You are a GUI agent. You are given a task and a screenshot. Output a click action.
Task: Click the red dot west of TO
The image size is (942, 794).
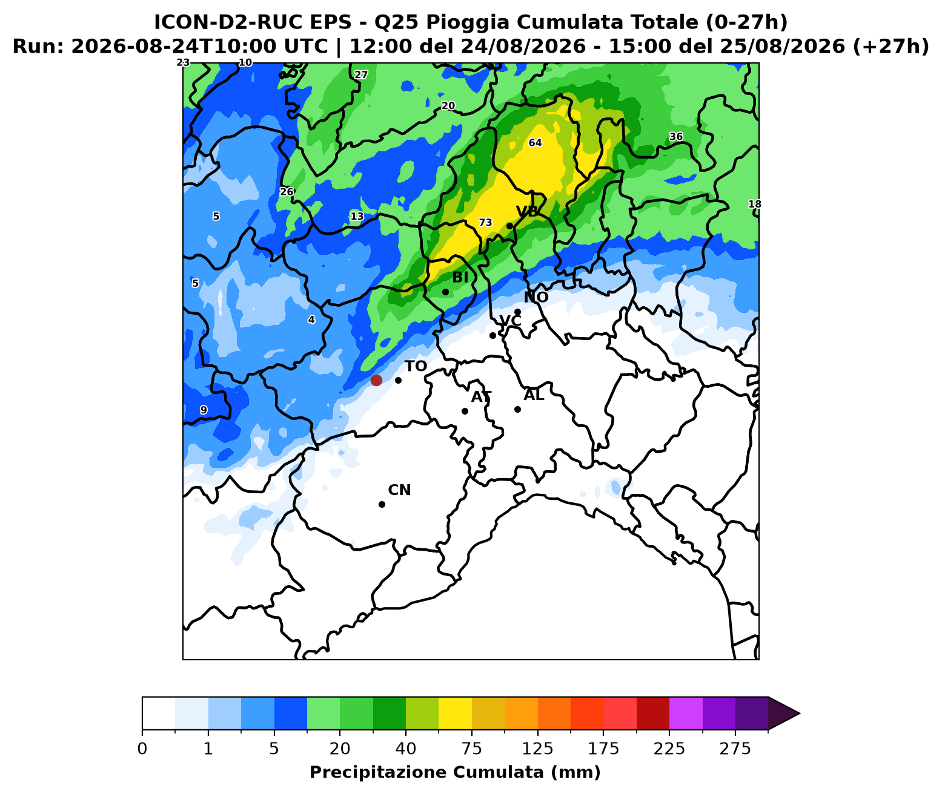pyautogui.click(x=376, y=380)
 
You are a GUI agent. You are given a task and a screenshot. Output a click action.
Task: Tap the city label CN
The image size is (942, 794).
pyautogui.click(x=399, y=490)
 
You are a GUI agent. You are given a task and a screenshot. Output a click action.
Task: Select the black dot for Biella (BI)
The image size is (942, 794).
pyautogui.click(x=445, y=292)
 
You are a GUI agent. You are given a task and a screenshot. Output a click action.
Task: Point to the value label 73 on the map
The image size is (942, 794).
pyautogui.click(x=485, y=223)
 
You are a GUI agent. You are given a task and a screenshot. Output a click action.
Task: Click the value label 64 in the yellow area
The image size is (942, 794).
pyautogui.click(x=535, y=143)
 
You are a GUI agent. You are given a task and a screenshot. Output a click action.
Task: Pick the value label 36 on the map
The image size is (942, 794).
pyautogui.click(x=676, y=137)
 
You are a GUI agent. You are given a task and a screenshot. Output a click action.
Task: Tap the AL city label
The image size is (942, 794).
pyautogui.click(x=534, y=395)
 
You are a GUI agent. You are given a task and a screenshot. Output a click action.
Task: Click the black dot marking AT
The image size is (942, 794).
pyautogui.click(x=465, y=411)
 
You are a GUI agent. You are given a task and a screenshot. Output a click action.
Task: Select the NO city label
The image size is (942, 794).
pyautogui.click(x=536, y=297)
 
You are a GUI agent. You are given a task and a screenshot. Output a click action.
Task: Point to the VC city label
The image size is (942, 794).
pyautogui.click(x=510, y=321)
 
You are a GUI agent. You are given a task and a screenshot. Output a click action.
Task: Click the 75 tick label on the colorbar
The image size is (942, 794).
pyautogui.click(x=471, y=749)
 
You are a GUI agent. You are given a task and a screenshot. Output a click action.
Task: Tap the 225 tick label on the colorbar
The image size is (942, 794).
pyautogui.click(x=669, y=749)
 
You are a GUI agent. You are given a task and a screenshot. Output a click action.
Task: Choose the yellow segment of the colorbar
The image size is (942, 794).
pyautogui.click(x=455, y=714)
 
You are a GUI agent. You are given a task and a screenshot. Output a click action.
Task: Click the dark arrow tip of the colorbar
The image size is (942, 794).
pyautogui.click(x=800, y=714)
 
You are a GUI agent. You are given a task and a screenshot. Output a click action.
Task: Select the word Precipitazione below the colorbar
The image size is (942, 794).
pyautogui.click(x=380, y=772)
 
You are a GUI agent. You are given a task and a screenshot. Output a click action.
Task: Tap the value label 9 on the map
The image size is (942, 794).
pyautogui.click(x=204, y=410)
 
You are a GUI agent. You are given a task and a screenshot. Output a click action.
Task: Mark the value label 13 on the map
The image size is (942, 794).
pyautogui.click(x=357, y=216)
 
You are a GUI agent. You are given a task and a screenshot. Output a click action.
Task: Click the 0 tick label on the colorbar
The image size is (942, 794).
pyautogui.click(x=142, y=749)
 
